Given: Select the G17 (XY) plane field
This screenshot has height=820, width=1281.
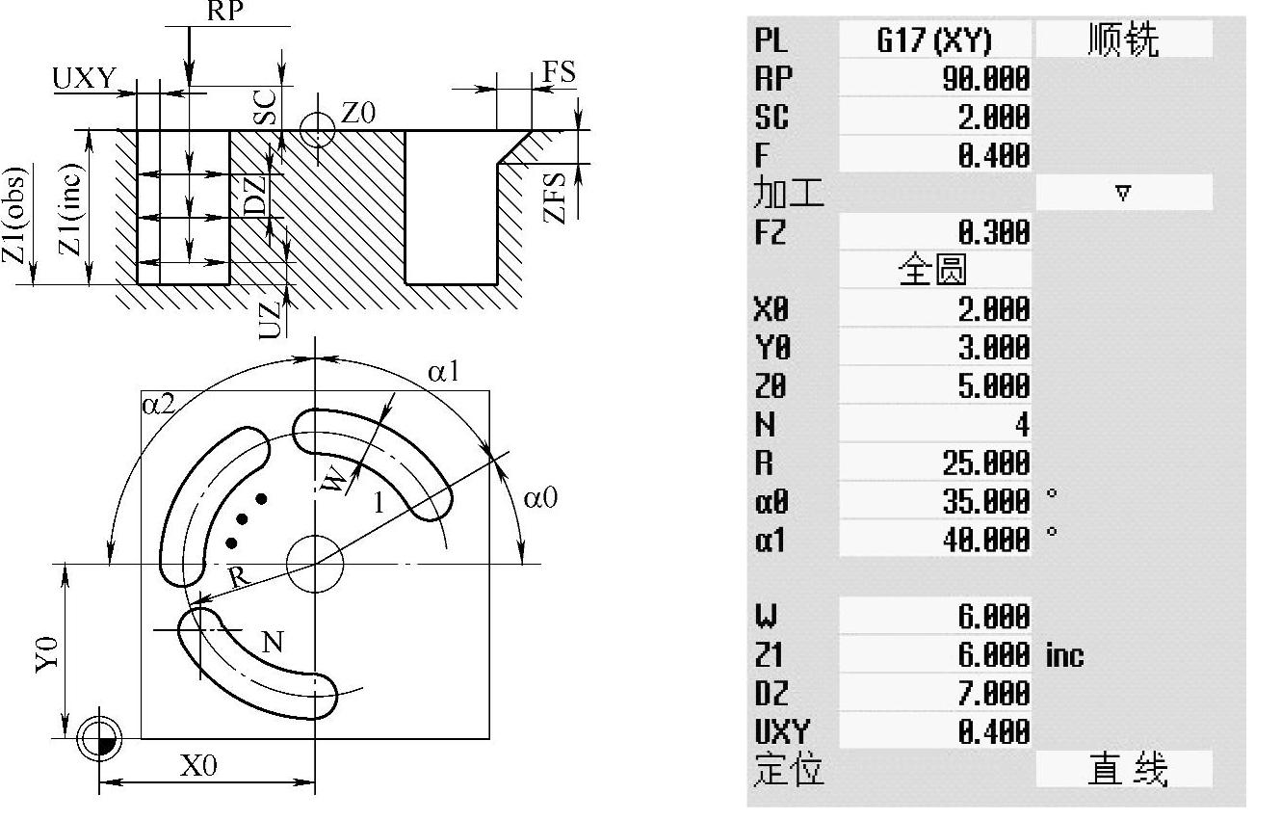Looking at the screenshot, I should click(934, 40).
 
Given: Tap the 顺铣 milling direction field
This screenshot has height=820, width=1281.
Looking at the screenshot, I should click(1123, 40).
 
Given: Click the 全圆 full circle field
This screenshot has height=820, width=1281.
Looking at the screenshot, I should click(931, 271).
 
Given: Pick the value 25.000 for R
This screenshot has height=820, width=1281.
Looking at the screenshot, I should click(985, 463).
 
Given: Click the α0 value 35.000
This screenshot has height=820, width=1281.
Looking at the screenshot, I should click(985, 502).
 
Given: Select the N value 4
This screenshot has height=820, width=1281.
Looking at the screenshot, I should click(1021, 425).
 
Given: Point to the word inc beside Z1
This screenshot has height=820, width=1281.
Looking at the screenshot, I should click(1064, 656).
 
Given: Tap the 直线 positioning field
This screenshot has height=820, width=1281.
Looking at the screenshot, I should click(1123, 770).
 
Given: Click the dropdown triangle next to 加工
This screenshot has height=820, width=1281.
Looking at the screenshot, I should click(1122, 193).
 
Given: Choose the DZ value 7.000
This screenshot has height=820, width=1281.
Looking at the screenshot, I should click(985, 694).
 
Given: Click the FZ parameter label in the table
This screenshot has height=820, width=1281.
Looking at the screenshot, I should click(771, 232).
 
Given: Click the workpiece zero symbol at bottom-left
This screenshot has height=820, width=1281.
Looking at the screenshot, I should click(99, 739).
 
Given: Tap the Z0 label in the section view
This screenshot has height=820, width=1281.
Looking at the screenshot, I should click(357, 114).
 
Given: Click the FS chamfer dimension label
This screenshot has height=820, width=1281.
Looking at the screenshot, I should click(559, 72).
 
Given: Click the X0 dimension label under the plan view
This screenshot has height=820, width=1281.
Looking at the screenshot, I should click(198, 766).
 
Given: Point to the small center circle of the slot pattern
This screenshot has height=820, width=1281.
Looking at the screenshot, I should click(315, 564).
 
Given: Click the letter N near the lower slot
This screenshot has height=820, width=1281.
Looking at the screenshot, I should click(273, 641).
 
